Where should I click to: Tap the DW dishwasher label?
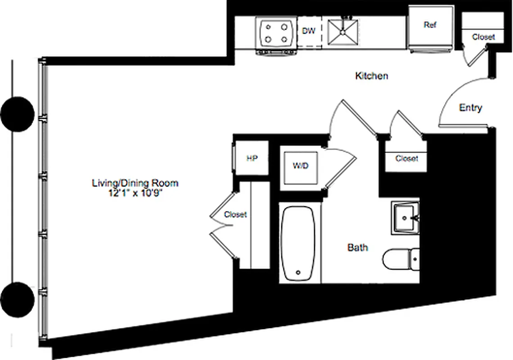pyautogui.click(x=308, y=31)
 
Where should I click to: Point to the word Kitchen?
pyautogui.click(x=372, y=76)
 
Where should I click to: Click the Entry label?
pyautogui.click(x=470, y=108)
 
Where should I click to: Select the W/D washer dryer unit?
pyautogui.click(x=301, y=166)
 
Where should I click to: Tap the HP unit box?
pyautogui.click(x=252, y=158)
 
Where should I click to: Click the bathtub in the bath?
pyautogui.click(x=297, y=243)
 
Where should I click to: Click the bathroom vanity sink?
pyautogui.click(x=405, y=218)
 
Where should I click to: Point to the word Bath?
pyautogui.click(x=357, y=247)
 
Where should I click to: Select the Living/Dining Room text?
pyautogui.click(x=135, y=183)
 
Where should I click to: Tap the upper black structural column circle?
pyautogui.click(x=17, y=114)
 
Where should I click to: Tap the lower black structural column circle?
pyautogui.click(x=17, y=299)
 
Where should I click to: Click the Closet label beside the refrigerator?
pyautogui.click(x=483, y=37)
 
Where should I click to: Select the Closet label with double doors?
pyautogui.click(x=235, y=215)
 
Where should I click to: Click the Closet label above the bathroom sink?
pyautogui.click(x=406, y=158)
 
